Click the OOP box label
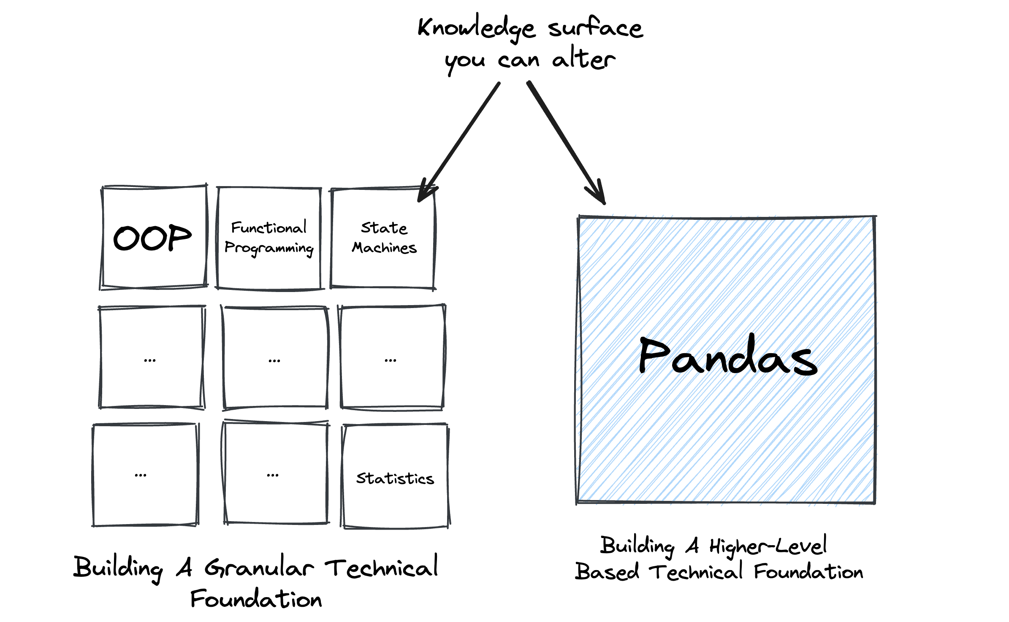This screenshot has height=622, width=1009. [152, 238]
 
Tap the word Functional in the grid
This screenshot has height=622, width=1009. [269, 228]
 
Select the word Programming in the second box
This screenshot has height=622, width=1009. [269, 248]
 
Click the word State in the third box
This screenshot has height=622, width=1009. [384, 228]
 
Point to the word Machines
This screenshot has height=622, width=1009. [384, 248]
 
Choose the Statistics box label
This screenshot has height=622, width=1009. [395, 479]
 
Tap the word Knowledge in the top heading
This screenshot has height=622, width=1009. [477, 28]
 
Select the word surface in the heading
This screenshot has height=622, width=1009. [595, 28]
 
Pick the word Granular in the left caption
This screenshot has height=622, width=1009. [259, 568]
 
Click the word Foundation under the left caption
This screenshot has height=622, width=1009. [256, 599]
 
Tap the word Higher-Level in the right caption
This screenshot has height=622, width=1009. [768, 546]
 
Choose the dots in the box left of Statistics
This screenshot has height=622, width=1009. [273, 476]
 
